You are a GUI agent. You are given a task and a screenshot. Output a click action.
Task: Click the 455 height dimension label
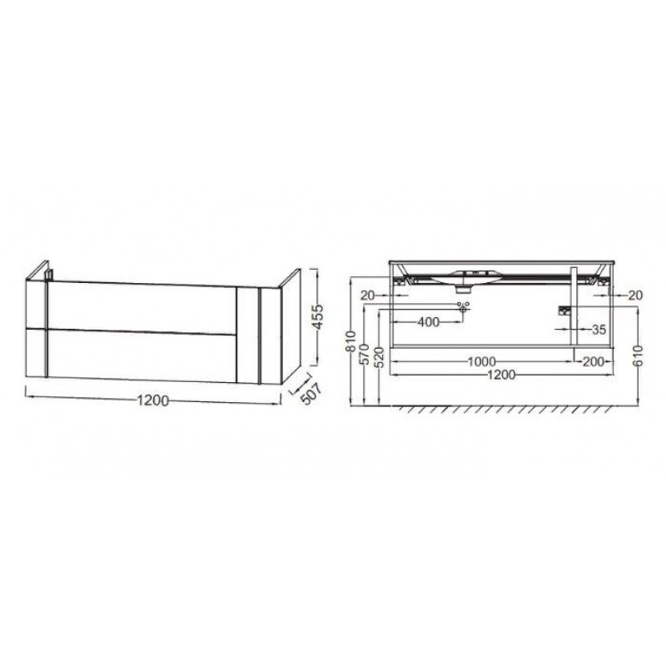(x=317, y=317)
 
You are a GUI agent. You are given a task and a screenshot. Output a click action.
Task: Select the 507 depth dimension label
(x=312, y=393)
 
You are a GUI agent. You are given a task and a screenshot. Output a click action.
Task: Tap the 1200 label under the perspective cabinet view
(x=153, y=400)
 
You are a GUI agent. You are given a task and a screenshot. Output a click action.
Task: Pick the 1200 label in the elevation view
(x=501, y=375)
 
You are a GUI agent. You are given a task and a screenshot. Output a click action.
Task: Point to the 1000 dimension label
(x=482, y=362)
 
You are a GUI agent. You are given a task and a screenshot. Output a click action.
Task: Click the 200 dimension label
(x=594, y=361)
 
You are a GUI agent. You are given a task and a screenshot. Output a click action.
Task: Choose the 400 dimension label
(x=429, y=322)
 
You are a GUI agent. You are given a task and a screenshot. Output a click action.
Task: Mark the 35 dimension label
(x=599, y=329)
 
